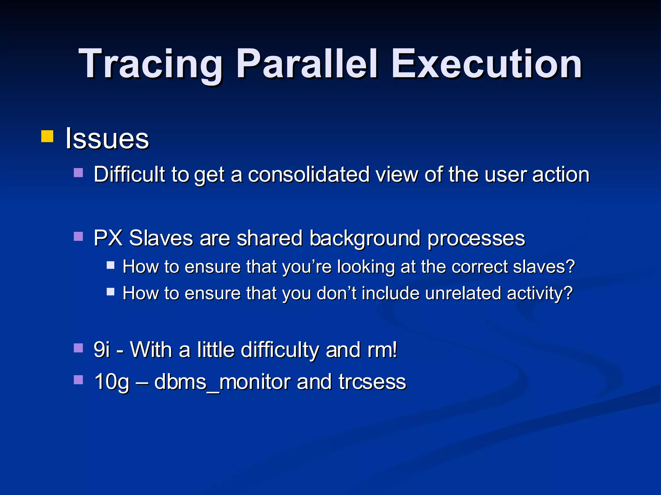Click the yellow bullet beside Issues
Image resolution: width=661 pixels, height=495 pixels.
(47, 136)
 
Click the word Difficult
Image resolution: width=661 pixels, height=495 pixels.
(129, 174)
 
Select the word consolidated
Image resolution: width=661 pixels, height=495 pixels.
(309, 174)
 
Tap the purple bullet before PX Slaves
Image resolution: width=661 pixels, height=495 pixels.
(78, 237)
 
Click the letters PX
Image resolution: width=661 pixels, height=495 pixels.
(108, 238)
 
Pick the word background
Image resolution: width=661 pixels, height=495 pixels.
(365, 238)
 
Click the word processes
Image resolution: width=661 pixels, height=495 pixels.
(476, 238)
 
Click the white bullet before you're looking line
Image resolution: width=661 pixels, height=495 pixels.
(111, 265)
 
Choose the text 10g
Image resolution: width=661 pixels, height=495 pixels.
(112, 382)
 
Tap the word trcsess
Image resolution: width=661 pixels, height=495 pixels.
(372, 382)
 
